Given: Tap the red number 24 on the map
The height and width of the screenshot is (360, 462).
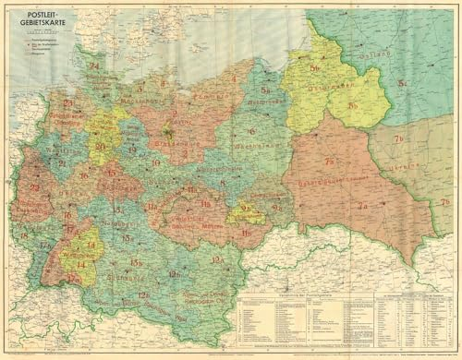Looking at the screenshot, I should point(94,65).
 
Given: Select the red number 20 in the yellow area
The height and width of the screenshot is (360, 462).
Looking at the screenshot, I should point(100,146).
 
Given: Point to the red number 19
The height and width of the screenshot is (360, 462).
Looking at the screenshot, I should point(133,149).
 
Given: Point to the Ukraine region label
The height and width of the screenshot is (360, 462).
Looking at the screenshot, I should point(407,165).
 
